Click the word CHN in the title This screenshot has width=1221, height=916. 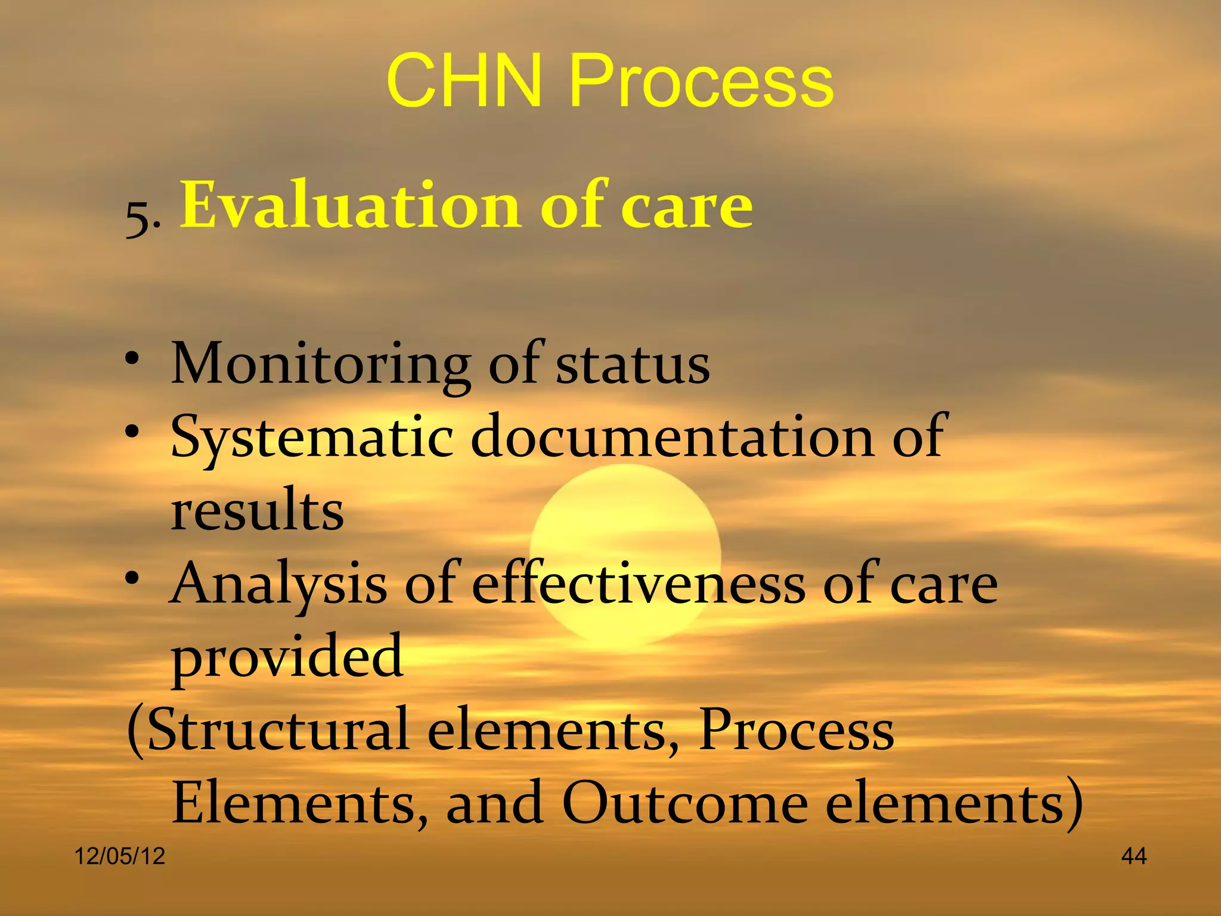point(464,81)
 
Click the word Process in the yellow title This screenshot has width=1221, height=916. point(701,81)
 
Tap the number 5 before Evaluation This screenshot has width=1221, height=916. point(138,219)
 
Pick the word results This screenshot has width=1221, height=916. point(258,510)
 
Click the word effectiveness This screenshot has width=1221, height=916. point(639,583)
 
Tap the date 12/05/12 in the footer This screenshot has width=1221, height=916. point(120,856)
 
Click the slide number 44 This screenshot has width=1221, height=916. point(1133,856)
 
